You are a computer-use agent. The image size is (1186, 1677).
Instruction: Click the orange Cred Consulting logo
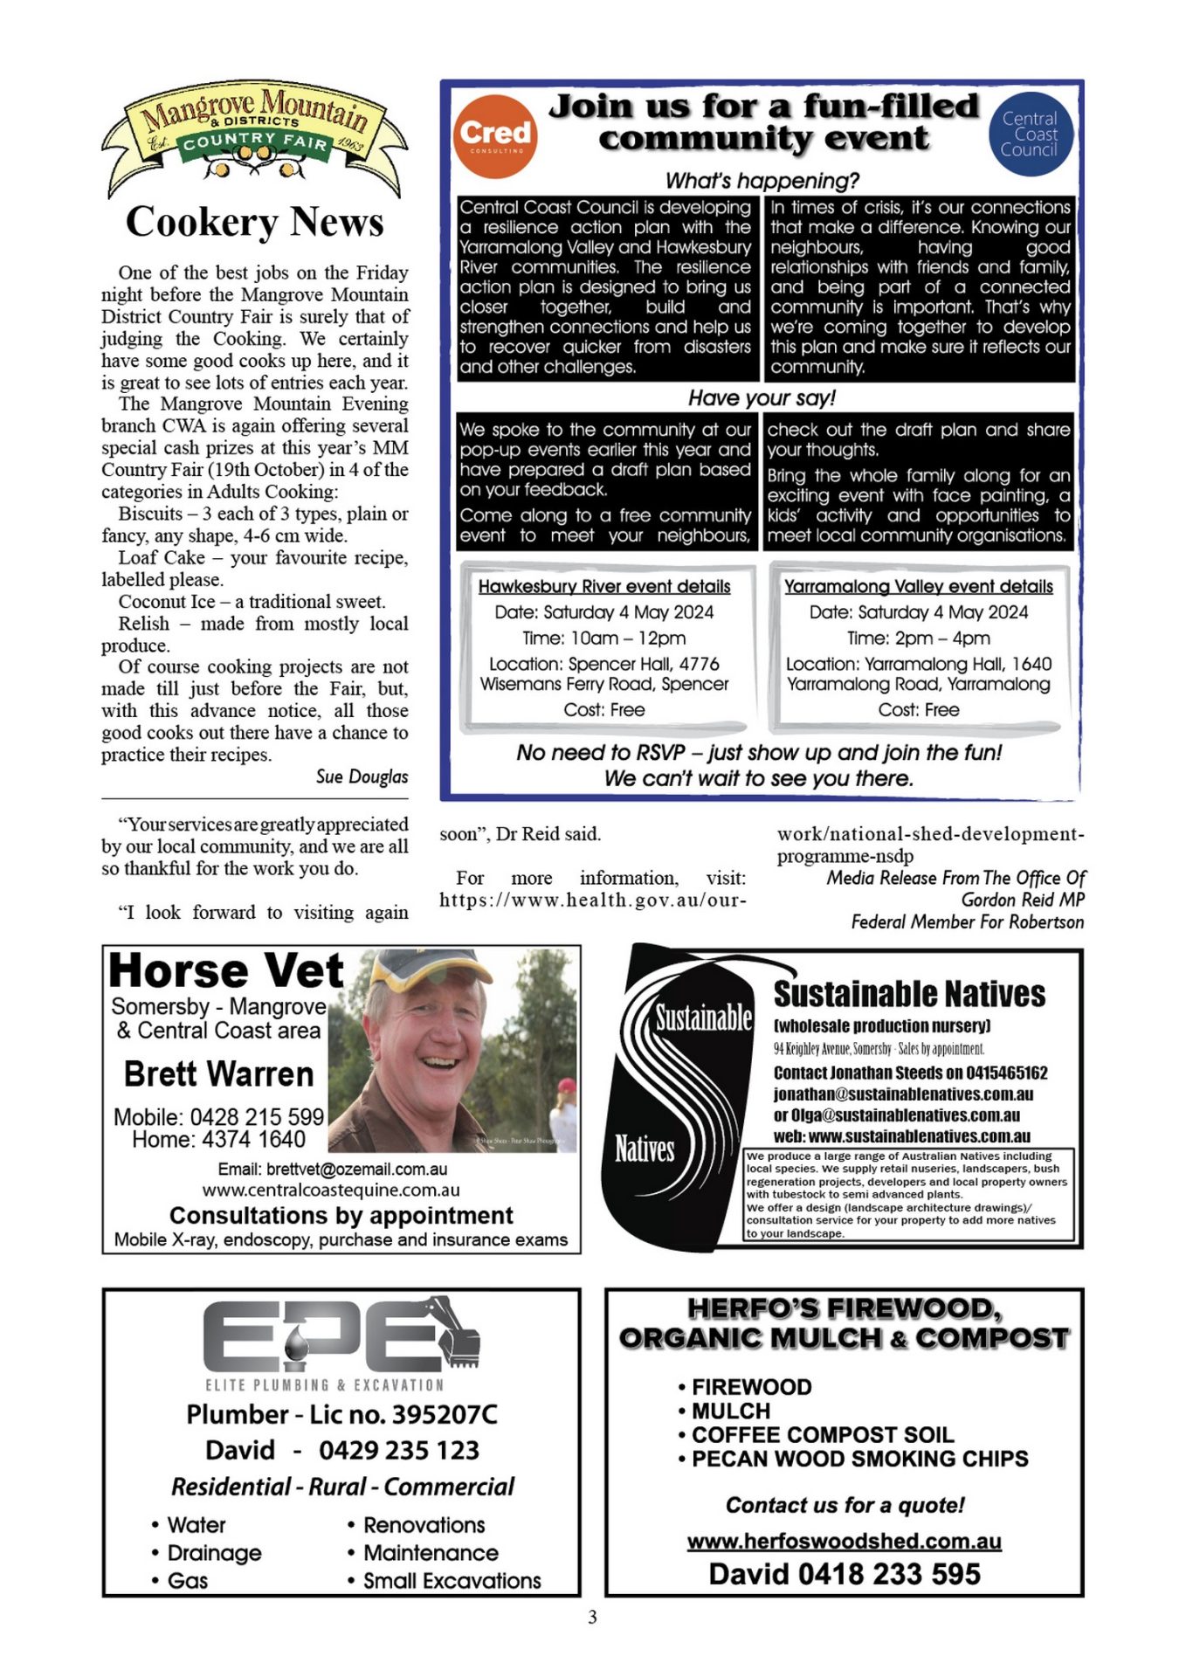495,135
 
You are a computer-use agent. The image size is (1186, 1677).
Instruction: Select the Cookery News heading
254,222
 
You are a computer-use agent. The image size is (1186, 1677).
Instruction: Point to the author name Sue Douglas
362,776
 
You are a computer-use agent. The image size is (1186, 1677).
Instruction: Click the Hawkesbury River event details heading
604,587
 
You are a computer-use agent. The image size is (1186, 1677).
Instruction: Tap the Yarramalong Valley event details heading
918,587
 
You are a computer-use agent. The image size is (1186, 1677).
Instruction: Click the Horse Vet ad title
226,971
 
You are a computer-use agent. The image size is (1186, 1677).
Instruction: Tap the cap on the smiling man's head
433,970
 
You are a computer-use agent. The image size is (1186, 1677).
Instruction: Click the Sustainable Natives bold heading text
909,994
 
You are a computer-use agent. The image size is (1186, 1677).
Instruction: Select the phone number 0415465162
1006,1073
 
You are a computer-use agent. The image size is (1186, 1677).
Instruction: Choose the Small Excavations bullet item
452,1581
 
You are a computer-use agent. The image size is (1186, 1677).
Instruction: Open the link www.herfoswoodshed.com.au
844,1541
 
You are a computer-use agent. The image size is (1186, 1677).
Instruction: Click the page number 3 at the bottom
592,1618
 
